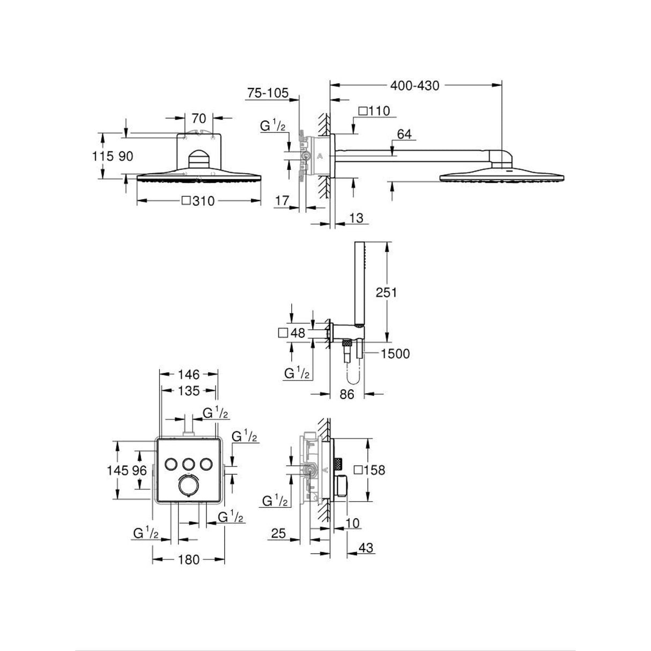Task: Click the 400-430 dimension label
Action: click(415, 85)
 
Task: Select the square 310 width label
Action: click(198, 201)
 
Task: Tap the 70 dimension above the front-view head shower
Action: click(199, 118)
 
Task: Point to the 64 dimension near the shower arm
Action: click(404, 134)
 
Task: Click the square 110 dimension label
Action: click(373, 111)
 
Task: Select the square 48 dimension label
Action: click(292, 333)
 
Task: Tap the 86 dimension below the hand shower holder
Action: click(347, 395)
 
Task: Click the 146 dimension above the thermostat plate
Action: click(189, 374)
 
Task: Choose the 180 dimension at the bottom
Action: click(188, 560)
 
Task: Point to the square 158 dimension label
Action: click(370, 470)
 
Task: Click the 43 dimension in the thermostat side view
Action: click(366, 548)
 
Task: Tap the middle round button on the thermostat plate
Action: click(188, 463)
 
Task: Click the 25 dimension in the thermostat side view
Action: click(278, 534)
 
